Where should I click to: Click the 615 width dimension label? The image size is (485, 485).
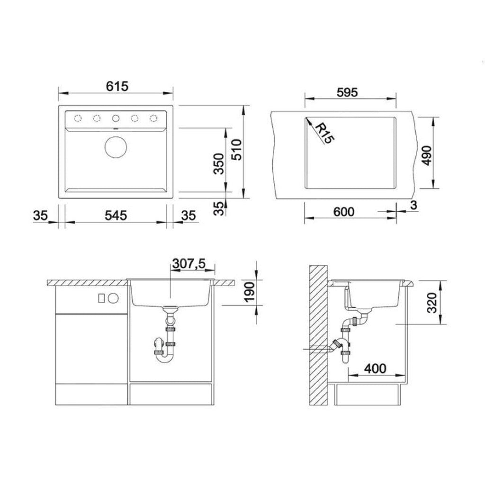click(117, 86)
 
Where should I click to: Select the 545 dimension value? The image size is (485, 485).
click(116, 216)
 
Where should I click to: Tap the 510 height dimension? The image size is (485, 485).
click(237, 150)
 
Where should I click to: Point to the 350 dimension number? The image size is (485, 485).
click(219, 163)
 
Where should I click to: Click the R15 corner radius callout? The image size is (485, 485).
click(325, 133)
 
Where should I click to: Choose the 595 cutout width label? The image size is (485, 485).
click(347, 92)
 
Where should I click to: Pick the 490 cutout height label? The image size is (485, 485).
click(427, 155)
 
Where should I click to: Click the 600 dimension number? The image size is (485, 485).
click(344, 212)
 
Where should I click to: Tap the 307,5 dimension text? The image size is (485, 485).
click(189, 263)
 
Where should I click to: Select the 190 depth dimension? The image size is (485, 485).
click(249, 291)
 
